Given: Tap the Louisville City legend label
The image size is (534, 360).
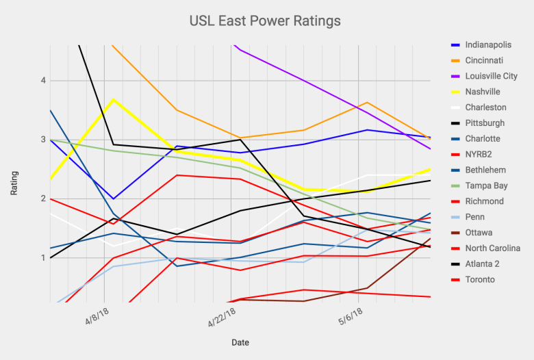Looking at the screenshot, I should [x=491, y=76].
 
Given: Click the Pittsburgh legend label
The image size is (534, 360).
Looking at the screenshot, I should [x=485, y=123].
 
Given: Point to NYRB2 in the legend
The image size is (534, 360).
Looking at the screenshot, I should [x=479, y=155].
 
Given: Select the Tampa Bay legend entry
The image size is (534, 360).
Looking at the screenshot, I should [x=486, y=185].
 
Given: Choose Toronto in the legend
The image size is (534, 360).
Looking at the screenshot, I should [x=480, y=279].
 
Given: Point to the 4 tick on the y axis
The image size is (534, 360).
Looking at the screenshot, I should [x=42, y=81].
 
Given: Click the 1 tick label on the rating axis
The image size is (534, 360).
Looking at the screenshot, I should [x=42, y=258].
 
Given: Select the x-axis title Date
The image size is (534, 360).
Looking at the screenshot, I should [x=240, y=342].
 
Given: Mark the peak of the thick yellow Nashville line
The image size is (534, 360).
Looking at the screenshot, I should [x=113, y=99].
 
